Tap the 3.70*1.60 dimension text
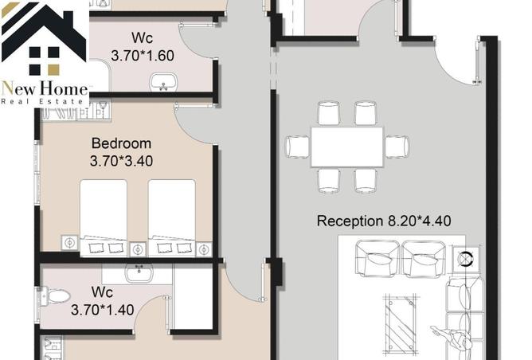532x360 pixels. pos(143,57)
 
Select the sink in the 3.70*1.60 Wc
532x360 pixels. pos(165,81)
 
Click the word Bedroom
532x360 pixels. pos(121,143)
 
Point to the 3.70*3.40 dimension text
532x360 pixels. pos(121,160)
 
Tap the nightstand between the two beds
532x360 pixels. pos(137,248)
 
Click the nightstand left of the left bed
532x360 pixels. pos(69,242)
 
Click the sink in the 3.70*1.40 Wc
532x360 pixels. pos(139,273)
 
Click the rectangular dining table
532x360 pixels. pos(347,147)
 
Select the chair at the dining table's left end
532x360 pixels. pos(298,147)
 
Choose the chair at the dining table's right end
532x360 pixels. pos(397,147)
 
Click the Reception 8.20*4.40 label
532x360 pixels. pos(384,221)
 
